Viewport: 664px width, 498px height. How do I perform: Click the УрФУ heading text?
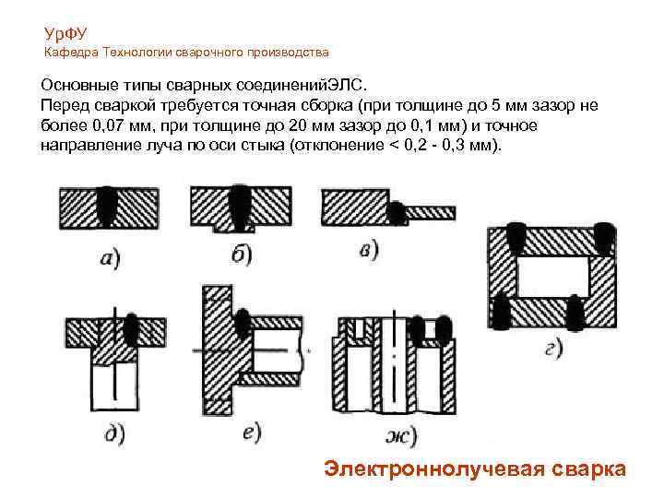(65, 34)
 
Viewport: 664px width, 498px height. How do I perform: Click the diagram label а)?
(110, 257)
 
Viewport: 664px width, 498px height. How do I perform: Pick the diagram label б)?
(242, 255)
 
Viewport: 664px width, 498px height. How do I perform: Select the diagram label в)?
(368, 250)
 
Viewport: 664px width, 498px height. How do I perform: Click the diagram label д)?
(114, 433)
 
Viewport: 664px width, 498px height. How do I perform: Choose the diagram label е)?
(252, 432)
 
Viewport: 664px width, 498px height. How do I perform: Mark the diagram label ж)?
(401, 435)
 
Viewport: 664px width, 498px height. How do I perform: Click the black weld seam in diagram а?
(107, 206)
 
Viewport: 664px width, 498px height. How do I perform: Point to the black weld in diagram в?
(397, 213)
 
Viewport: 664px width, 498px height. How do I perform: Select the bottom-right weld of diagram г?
(575, 313)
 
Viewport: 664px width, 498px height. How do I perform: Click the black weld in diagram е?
(243, 322)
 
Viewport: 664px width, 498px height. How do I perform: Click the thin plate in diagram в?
(431, 213)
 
